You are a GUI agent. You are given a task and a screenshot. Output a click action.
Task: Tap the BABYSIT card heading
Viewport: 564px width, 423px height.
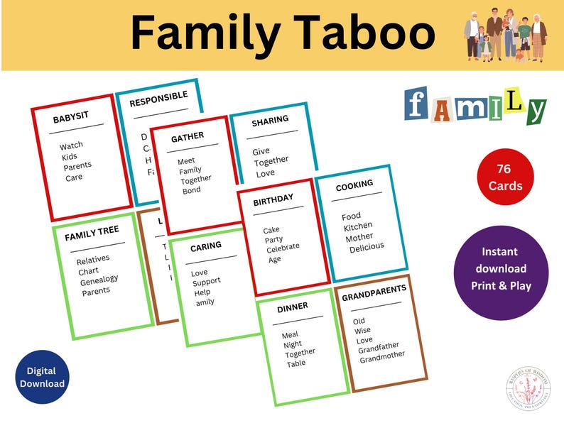72,119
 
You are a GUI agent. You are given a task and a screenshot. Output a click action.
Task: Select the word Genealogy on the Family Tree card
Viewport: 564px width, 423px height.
99,279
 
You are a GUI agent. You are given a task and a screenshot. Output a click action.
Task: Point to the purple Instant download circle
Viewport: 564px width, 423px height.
500,268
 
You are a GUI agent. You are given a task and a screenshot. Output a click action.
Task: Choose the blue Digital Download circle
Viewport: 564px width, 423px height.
45,378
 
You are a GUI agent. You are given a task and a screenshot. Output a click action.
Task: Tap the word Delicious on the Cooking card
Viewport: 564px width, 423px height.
367,246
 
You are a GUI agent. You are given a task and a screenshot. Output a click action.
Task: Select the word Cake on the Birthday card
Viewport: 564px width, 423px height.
271,230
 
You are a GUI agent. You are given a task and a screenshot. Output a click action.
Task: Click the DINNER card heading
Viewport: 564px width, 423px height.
293,308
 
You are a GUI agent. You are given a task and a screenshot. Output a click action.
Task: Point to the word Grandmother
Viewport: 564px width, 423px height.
382,355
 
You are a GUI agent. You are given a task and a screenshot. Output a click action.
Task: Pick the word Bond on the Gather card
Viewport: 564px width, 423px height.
191,190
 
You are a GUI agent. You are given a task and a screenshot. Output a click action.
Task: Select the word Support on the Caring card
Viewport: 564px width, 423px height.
207,282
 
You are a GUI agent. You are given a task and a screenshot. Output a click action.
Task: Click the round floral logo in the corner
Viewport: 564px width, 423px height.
526,389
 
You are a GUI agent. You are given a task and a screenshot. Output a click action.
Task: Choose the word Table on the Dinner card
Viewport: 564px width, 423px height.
296,363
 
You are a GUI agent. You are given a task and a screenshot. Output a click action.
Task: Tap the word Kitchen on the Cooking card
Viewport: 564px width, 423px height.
358,226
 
